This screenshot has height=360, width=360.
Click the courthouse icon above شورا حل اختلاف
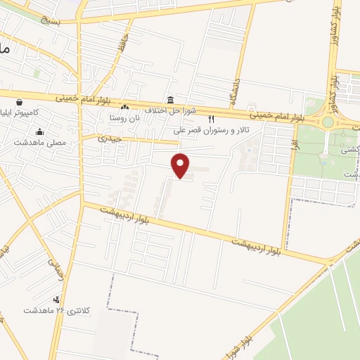point(170,99)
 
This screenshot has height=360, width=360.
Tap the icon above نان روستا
point(124,107)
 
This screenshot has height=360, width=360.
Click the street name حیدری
point(111,139)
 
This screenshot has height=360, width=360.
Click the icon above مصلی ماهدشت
point(40,131)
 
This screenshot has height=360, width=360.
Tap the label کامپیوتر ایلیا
point(24,112)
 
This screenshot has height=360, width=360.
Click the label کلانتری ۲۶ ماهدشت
point(53,310)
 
